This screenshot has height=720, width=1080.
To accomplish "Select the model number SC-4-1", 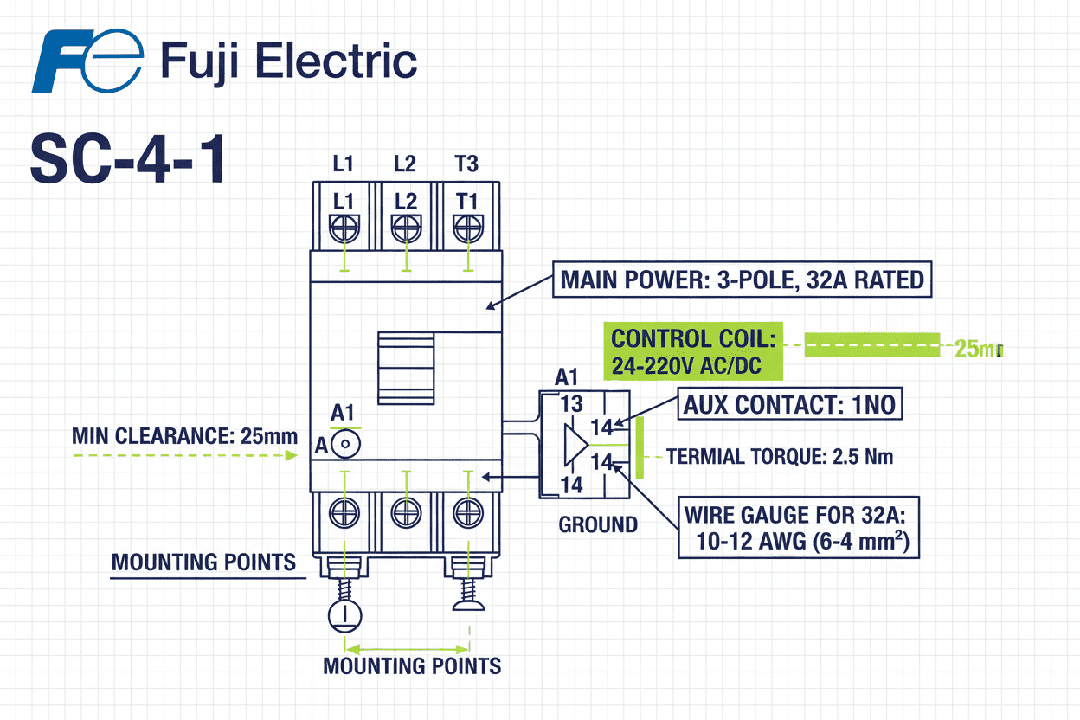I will pyautogui.click(x=128, y=158).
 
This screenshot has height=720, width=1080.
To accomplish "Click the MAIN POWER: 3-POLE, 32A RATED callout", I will pyautogui.click(x=742, y=280).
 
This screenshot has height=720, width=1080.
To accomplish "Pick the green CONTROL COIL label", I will pyautogui.click(x=692, y=351).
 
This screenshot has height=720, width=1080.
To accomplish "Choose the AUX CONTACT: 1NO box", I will pyautogui.click(x=789, y=404).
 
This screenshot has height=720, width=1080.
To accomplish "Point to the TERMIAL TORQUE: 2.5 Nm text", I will pyautogui.click(x=780, y=456).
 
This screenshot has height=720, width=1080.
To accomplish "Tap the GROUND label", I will pyautogui.click(x=598, y=524).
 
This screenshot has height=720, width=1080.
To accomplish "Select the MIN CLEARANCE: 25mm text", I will pyautogui.click(x=184, y=435).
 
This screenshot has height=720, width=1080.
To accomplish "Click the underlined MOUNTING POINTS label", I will pyautogui.click(x=203, y=562).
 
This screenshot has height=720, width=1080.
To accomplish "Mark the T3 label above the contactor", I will pyautogui.click(x=466, y=164).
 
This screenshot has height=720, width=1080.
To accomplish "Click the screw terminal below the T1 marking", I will pyautogui.click(x=467, y=228).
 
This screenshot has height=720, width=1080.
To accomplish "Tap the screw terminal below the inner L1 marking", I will pyautogui.click(x=344, y=228).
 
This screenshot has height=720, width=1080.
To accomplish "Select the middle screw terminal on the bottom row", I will pyautogui.click(x=406, y=513).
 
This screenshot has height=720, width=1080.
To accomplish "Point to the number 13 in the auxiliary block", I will pyautogui.click(x=571, y=404).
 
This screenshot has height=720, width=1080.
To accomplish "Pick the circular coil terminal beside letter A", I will pyautogui.click(x=345, y=444).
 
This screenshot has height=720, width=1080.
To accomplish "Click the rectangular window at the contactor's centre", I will pyautogui.click(x=406, y=367).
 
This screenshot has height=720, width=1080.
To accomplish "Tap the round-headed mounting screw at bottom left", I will pyautogui.click(x=345, y=615).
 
